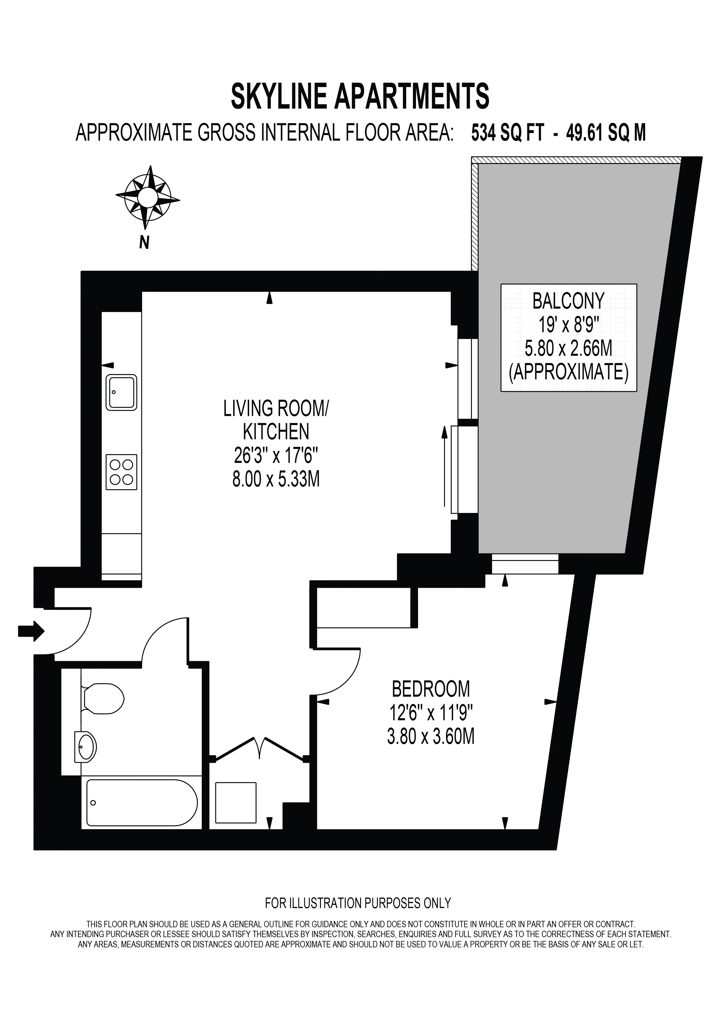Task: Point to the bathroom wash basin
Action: click(85, 746)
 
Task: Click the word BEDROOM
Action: click(431, 689)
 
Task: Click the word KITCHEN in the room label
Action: click(276, 431)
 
